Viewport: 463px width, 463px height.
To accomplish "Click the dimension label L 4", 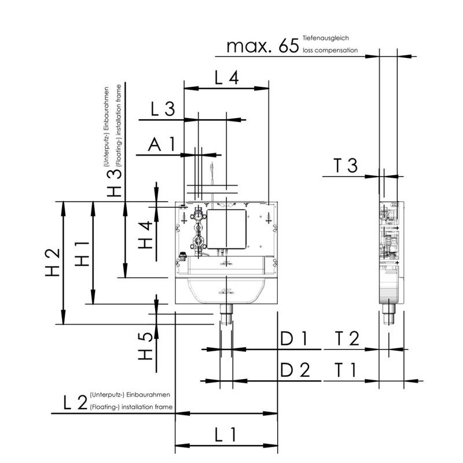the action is pyautogui.click(x=226, y=78).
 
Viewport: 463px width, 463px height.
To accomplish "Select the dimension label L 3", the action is pyautogui.click(x=163, y=109).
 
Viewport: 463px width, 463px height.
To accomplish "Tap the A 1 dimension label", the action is pyautogui.click(x=161, y=144).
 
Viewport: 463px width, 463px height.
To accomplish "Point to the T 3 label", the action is pyautogui.click(x=346, y=166).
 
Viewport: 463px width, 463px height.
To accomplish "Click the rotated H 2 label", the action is pyautogui.click(x=53, y=262).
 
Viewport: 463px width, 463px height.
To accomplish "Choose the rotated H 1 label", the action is pyautogui.click(x=82, y=253).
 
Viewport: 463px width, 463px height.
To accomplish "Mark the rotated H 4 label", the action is pyautogui.click(x=145, y=235).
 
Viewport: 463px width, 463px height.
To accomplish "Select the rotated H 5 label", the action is pyautogui.click(x=145, y=346).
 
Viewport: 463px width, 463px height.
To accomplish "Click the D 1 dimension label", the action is pyautogui.click(x=294, y=339).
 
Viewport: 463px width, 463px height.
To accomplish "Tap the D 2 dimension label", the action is pyautogui.click(x=295, y=370).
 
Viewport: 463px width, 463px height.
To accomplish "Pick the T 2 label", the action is pyautogui.click(x=347, y=339).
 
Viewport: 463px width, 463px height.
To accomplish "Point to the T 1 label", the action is pyautogui.click(x=345, y=370).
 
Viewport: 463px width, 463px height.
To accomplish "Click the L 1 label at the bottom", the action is pyautogui.click(x=225, y=435).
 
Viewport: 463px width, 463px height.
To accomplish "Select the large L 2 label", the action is pyautogui.click(x=76, y=402).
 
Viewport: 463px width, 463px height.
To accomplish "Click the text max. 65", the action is pyautogui.click(x=263, y=46).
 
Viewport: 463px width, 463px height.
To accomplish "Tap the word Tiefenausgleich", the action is pyautogui.click(x=326, y=38).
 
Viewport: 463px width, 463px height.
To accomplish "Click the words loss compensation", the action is pyautogui.click(x=330, y=50).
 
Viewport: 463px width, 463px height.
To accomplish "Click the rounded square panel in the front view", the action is pyautogui.click(x=226, y=229).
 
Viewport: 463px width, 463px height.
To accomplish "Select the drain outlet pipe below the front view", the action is pyautogui.click(x=226, y=314).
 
